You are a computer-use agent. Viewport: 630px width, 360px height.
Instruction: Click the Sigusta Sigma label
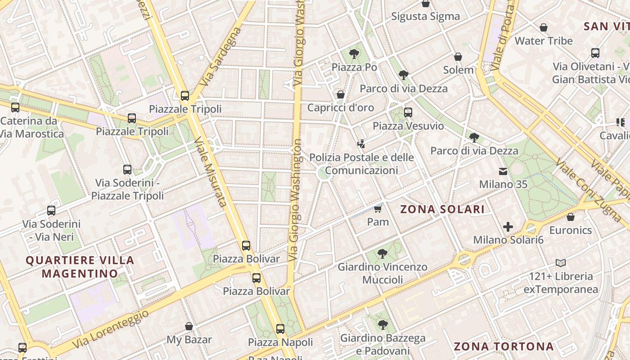tap(425, 17)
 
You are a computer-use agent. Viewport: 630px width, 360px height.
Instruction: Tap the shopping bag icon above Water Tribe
tap(544, 27)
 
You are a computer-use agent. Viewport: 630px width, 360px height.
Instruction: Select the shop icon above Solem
tap(458, 57)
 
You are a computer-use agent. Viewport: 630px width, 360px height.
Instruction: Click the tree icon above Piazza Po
tap(354, 54)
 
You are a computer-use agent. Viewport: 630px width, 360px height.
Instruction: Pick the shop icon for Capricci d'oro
tap(341, 94)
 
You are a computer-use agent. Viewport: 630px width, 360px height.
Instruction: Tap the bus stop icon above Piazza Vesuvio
tap(408, 112)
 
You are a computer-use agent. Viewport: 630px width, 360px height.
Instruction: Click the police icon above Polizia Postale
tap(360, 144)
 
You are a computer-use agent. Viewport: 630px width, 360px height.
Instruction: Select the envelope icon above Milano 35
tap(503, 171)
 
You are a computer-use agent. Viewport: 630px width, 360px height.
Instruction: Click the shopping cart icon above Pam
tap(378, 208)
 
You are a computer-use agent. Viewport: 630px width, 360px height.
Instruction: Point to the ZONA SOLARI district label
tap(442, 209)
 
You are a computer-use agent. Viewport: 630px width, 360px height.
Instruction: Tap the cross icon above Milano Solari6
tap(508, 227)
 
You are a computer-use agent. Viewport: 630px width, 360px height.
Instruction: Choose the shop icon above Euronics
tap(571, 217)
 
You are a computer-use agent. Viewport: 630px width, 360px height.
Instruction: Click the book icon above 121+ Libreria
tap(561, 263)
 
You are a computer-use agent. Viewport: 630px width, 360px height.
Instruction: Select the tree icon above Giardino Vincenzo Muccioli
tap(382, 254)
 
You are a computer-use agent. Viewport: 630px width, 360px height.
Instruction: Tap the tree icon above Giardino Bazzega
tap(382, 324)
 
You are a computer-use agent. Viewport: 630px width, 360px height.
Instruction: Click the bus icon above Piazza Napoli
tap(280, 329)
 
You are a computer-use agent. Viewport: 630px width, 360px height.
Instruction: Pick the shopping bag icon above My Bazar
tap(189, 326)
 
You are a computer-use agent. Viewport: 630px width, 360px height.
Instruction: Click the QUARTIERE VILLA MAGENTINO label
tap(80, 266)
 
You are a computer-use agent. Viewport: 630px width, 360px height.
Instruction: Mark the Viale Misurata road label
tap(210, 172)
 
